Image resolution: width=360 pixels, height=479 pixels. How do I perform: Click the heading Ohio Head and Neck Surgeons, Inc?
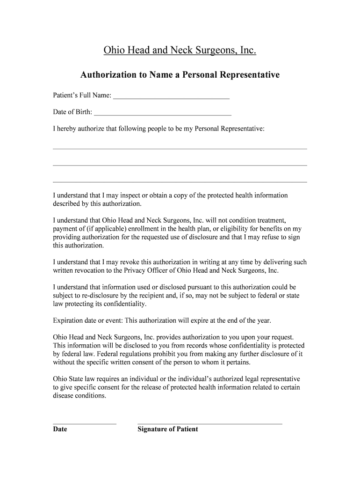coord(180,51)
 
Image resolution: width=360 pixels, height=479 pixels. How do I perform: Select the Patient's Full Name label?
coord(82,95)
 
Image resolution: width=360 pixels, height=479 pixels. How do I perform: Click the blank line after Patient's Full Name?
coord(171,97)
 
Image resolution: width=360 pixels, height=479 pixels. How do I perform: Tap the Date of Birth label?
coord(72,112)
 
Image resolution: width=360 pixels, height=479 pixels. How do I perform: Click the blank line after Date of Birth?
coord(162,113)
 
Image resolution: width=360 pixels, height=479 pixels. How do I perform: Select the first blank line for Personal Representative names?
coord(180,148)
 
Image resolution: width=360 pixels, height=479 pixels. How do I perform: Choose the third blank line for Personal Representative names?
coord(180,181)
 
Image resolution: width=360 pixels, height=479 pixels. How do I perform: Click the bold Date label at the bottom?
coord(60,429)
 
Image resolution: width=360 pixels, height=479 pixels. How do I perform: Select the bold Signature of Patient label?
coord(167,429)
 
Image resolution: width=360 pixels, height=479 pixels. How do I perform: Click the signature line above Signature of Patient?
coord(209,423)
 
